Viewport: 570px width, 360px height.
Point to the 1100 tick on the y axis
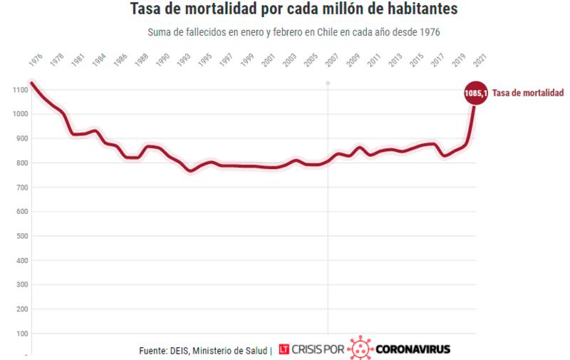(19, 90)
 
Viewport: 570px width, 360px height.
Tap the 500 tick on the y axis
(21, 236)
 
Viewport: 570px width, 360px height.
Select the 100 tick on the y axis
(21, 333)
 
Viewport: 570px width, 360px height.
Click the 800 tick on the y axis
(21, 163)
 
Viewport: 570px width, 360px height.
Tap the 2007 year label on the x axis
(331, 61)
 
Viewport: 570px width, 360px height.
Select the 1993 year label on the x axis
(184, 61)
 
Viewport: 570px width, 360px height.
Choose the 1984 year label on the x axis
(99, 61)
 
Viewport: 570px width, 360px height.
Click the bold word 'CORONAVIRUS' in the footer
(413, 350)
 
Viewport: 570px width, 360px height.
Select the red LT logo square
(284, 350)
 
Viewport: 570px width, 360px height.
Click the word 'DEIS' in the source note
(181, 350)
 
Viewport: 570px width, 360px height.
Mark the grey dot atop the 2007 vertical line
(328, 83)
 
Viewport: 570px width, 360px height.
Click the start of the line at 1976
(32, 83)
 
